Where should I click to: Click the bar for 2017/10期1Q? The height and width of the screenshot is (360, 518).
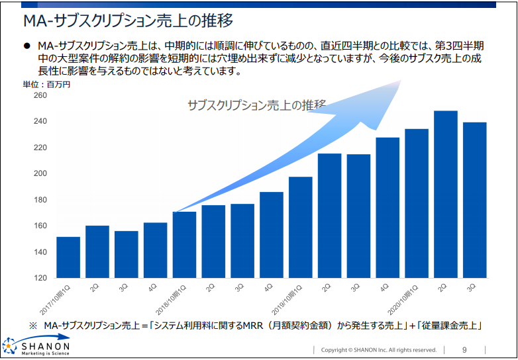(x=68, y=257)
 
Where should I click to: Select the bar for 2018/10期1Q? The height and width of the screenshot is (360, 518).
(x=184, y=245)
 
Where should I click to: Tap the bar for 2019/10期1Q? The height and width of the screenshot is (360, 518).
(x=301, y=228)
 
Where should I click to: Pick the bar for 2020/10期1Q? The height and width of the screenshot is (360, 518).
(x=417, y=203)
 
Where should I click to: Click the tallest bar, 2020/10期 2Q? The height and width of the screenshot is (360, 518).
(x=446, y=195)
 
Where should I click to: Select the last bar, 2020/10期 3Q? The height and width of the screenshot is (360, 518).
(x=475, y=200)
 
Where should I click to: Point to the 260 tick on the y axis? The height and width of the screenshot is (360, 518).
(x=40, y=95)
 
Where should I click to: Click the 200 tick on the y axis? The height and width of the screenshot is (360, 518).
(x=40, y=173)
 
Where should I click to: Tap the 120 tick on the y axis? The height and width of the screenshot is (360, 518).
(x=40, y=278)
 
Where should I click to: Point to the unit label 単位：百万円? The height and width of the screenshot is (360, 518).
(x=46, y=85)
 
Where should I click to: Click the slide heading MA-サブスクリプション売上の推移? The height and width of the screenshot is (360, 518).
(x=129, y=21)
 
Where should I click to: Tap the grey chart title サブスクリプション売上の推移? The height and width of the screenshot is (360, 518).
(x=257, y=105)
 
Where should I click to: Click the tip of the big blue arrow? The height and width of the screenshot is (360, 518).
(x=401, y=80)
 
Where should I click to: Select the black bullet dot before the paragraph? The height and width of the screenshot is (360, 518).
(x=26, y=46)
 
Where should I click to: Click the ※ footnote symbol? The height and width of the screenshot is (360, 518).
(x=33, y=326)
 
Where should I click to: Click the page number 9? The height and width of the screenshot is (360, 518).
(x=464, y=350)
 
